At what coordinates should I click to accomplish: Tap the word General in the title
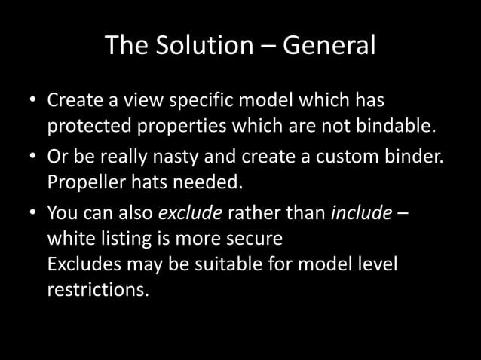pyautogui.click(x=329, y=45)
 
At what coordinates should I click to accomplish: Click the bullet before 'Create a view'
pyautogui.click(x=32, y=100)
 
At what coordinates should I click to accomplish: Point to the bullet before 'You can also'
pyautogui.click(x=32, y=213)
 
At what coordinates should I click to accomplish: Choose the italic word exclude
pyautogui.click(x=189, y=213)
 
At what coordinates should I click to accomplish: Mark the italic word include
pyautogui.click(x=361, y=213)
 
